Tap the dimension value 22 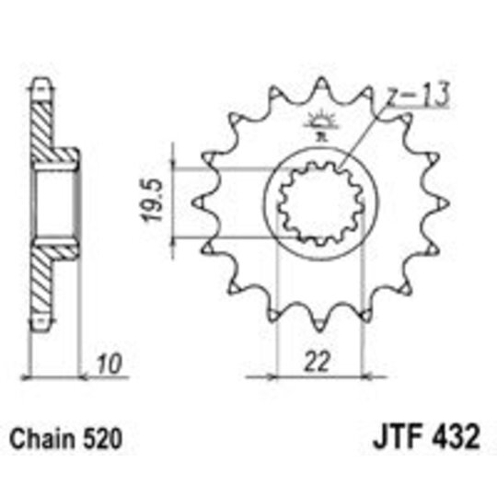(x=317, y=363)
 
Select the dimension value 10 (x=111, y=363)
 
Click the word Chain (x=40, y=433)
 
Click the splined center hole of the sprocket (x=316, y=204)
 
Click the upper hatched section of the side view (x=46, y=129)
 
